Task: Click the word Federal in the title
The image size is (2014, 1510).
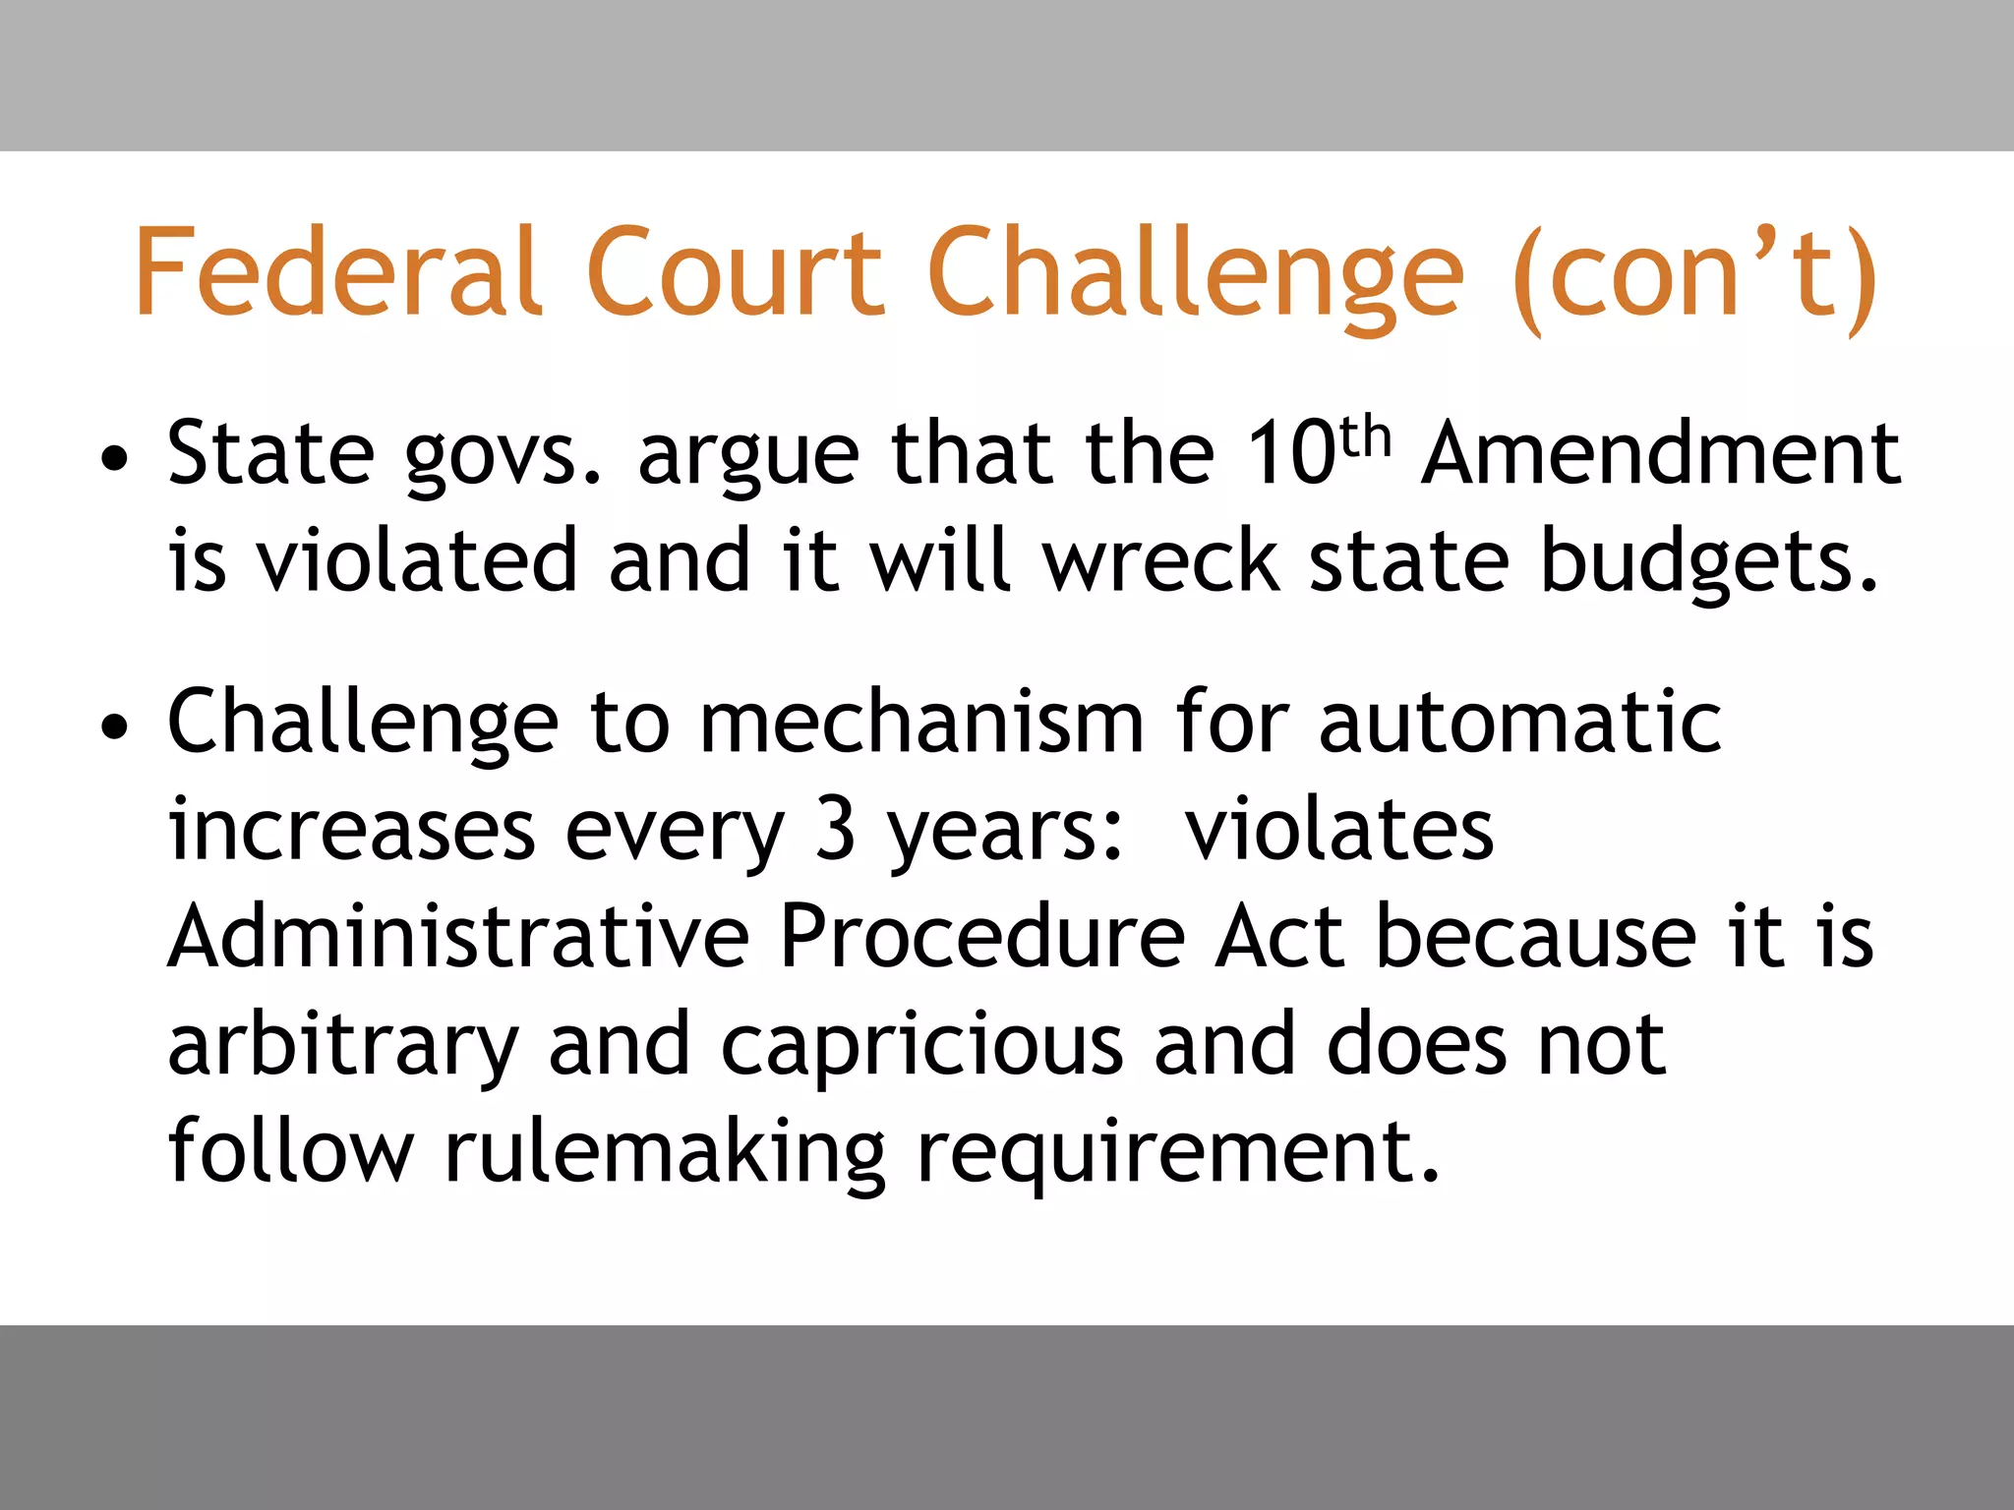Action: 337,271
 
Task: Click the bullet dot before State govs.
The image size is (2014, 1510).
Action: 115,458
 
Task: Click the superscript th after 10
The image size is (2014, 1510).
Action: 1366,439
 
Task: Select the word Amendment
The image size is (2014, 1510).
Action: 1661,454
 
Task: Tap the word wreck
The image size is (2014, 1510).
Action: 1161,561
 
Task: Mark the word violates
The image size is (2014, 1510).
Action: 1338,830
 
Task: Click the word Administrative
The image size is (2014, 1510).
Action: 458,936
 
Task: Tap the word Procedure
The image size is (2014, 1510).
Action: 981,936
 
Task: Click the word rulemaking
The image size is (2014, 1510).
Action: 665,1154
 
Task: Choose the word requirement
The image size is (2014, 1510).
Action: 1177,1154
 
